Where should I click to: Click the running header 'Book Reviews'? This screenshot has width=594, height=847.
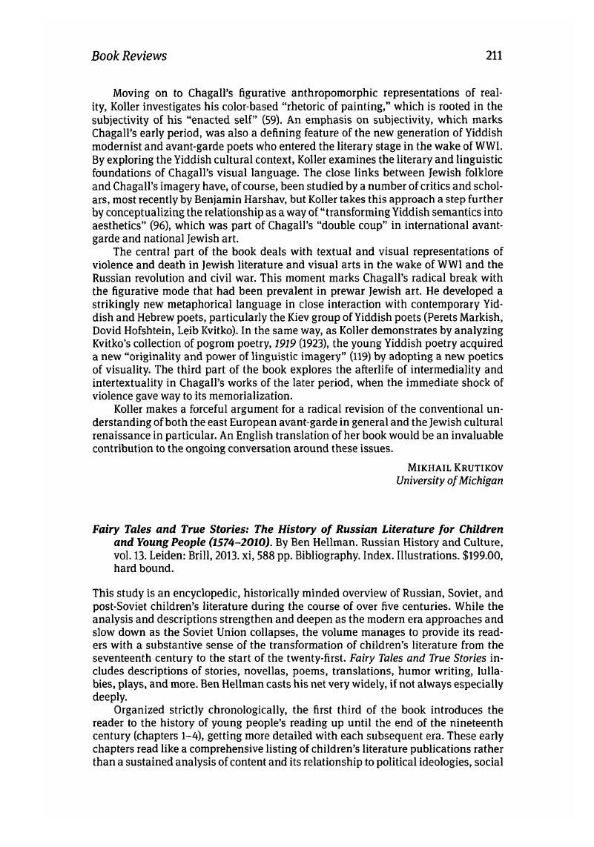pyautogui.click(x=128, y=56)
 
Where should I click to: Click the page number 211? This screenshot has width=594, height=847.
pyautogui.click(x=494, y=56)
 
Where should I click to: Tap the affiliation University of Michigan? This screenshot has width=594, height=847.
pyautogui.click(x=450, y=479)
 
